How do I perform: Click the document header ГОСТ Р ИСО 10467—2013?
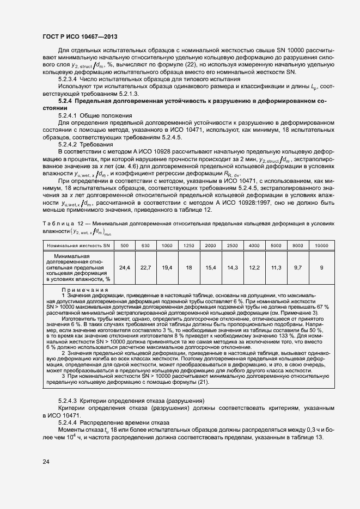coord(79,37)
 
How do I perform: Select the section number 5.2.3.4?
coord(69,79)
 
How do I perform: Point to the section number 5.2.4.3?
coord(69,400)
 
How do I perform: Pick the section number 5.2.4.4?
coord(69,422)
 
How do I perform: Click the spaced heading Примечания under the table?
coord(84,290)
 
